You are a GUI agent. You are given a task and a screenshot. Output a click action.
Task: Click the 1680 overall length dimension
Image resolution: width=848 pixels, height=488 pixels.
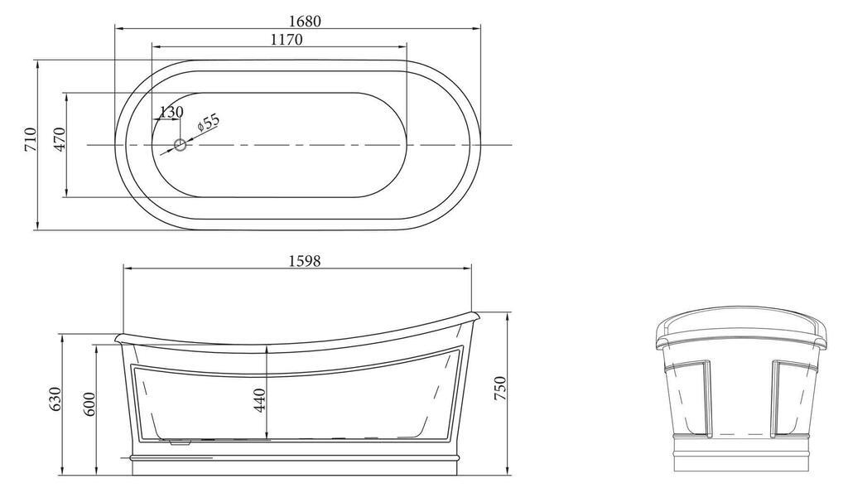305,21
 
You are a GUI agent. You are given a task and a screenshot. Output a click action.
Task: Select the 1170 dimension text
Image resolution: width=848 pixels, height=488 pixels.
287,40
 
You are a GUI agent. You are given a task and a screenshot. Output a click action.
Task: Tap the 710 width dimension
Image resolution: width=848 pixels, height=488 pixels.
31,139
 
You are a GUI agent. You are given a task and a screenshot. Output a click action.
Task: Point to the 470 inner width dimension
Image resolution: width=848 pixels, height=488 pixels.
59,139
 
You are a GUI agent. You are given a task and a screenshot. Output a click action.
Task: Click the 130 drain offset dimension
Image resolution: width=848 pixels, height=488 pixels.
171,112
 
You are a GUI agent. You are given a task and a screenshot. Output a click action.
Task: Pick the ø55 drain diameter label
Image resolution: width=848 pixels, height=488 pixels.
208,123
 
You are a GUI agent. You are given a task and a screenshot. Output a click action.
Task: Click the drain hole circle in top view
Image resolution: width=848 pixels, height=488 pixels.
180,145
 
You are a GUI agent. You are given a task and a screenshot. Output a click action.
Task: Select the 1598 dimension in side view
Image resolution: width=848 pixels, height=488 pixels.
305,261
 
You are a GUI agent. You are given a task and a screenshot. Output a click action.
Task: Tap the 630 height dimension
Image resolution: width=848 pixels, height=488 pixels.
56,400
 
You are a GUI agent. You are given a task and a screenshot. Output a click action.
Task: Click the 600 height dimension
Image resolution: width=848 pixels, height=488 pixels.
89,403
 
